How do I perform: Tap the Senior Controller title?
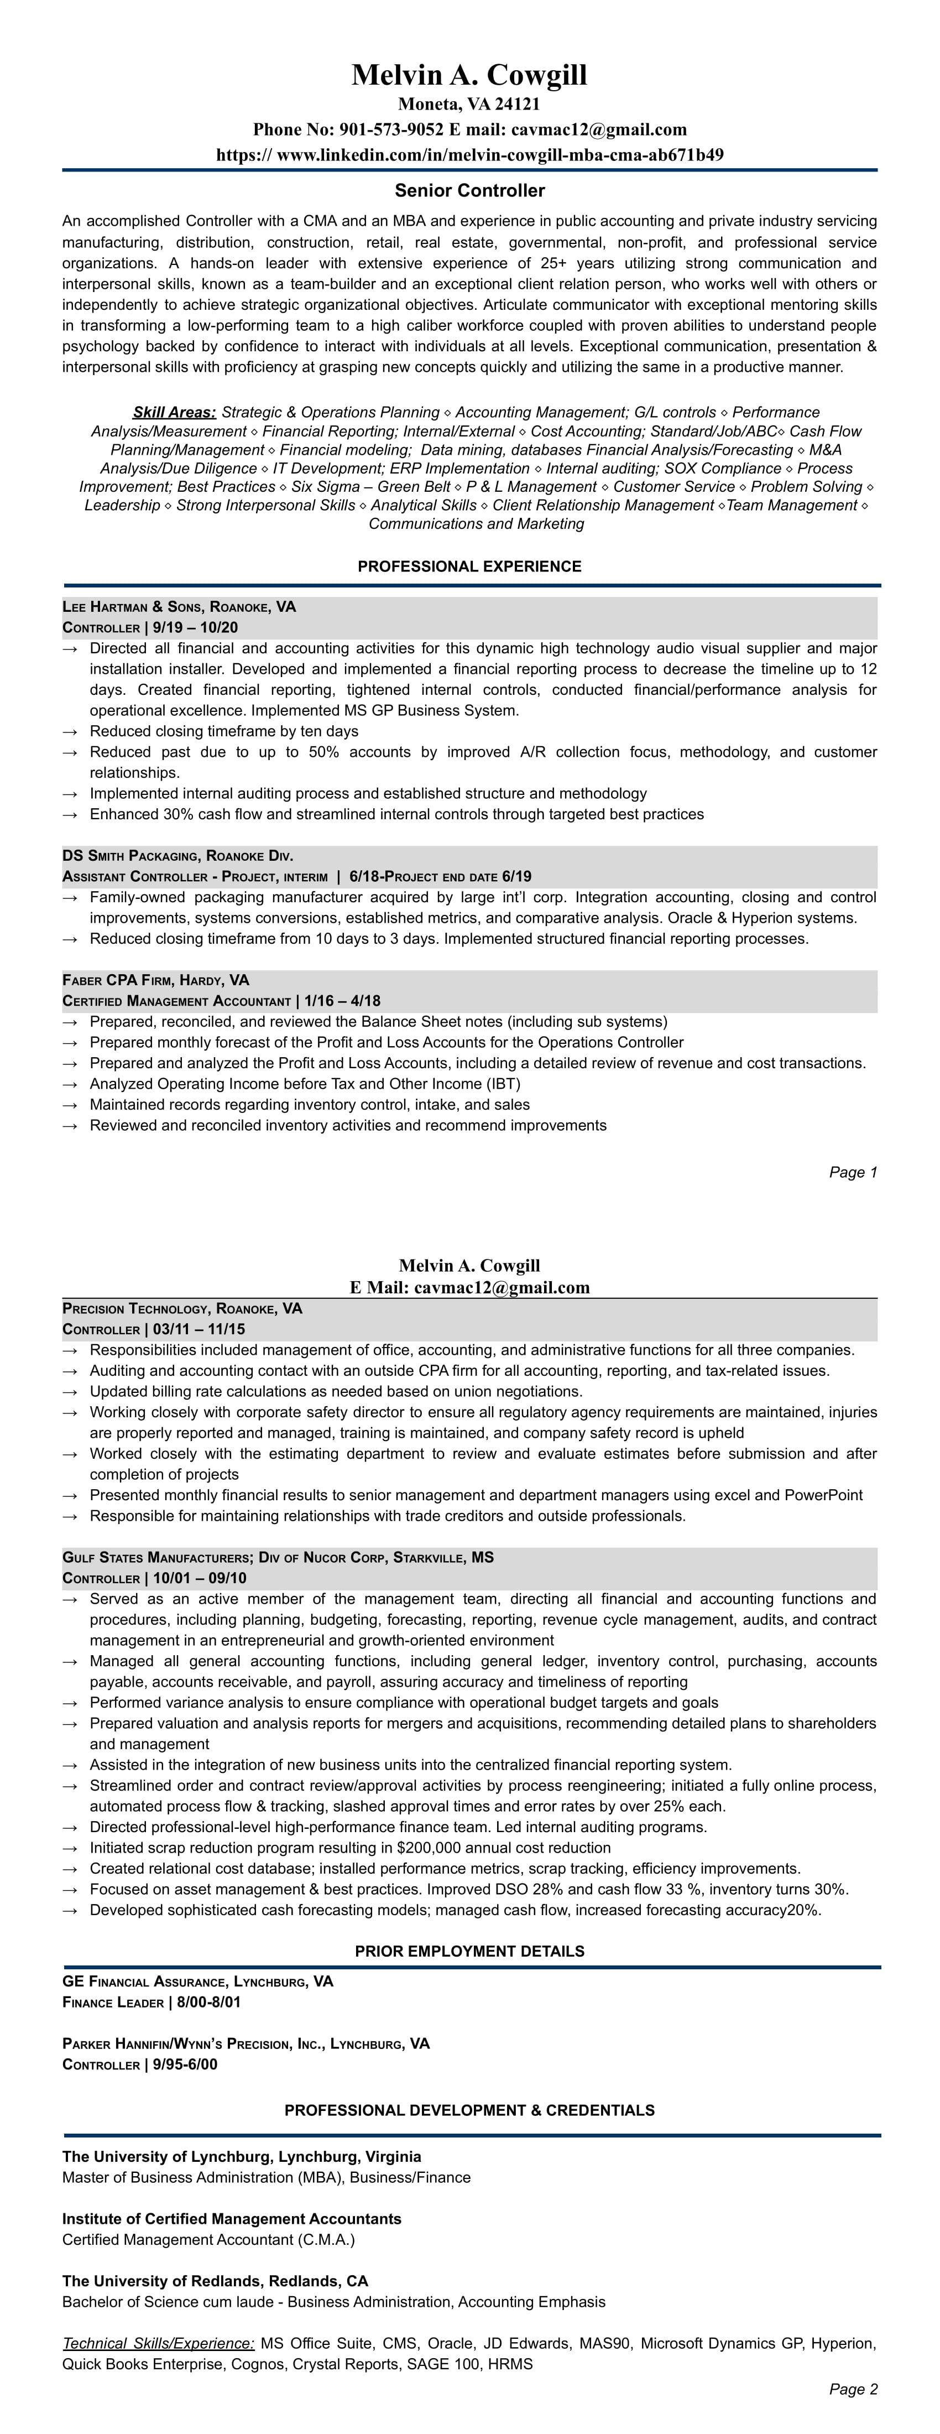coord(469,191)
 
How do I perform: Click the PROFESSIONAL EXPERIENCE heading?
coord(469,567)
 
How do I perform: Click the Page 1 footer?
coord(853,1173)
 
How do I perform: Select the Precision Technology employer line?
coord(182,1309)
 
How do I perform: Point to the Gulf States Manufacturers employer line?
coord(278,1557)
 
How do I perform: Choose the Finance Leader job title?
coord(112,2002)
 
